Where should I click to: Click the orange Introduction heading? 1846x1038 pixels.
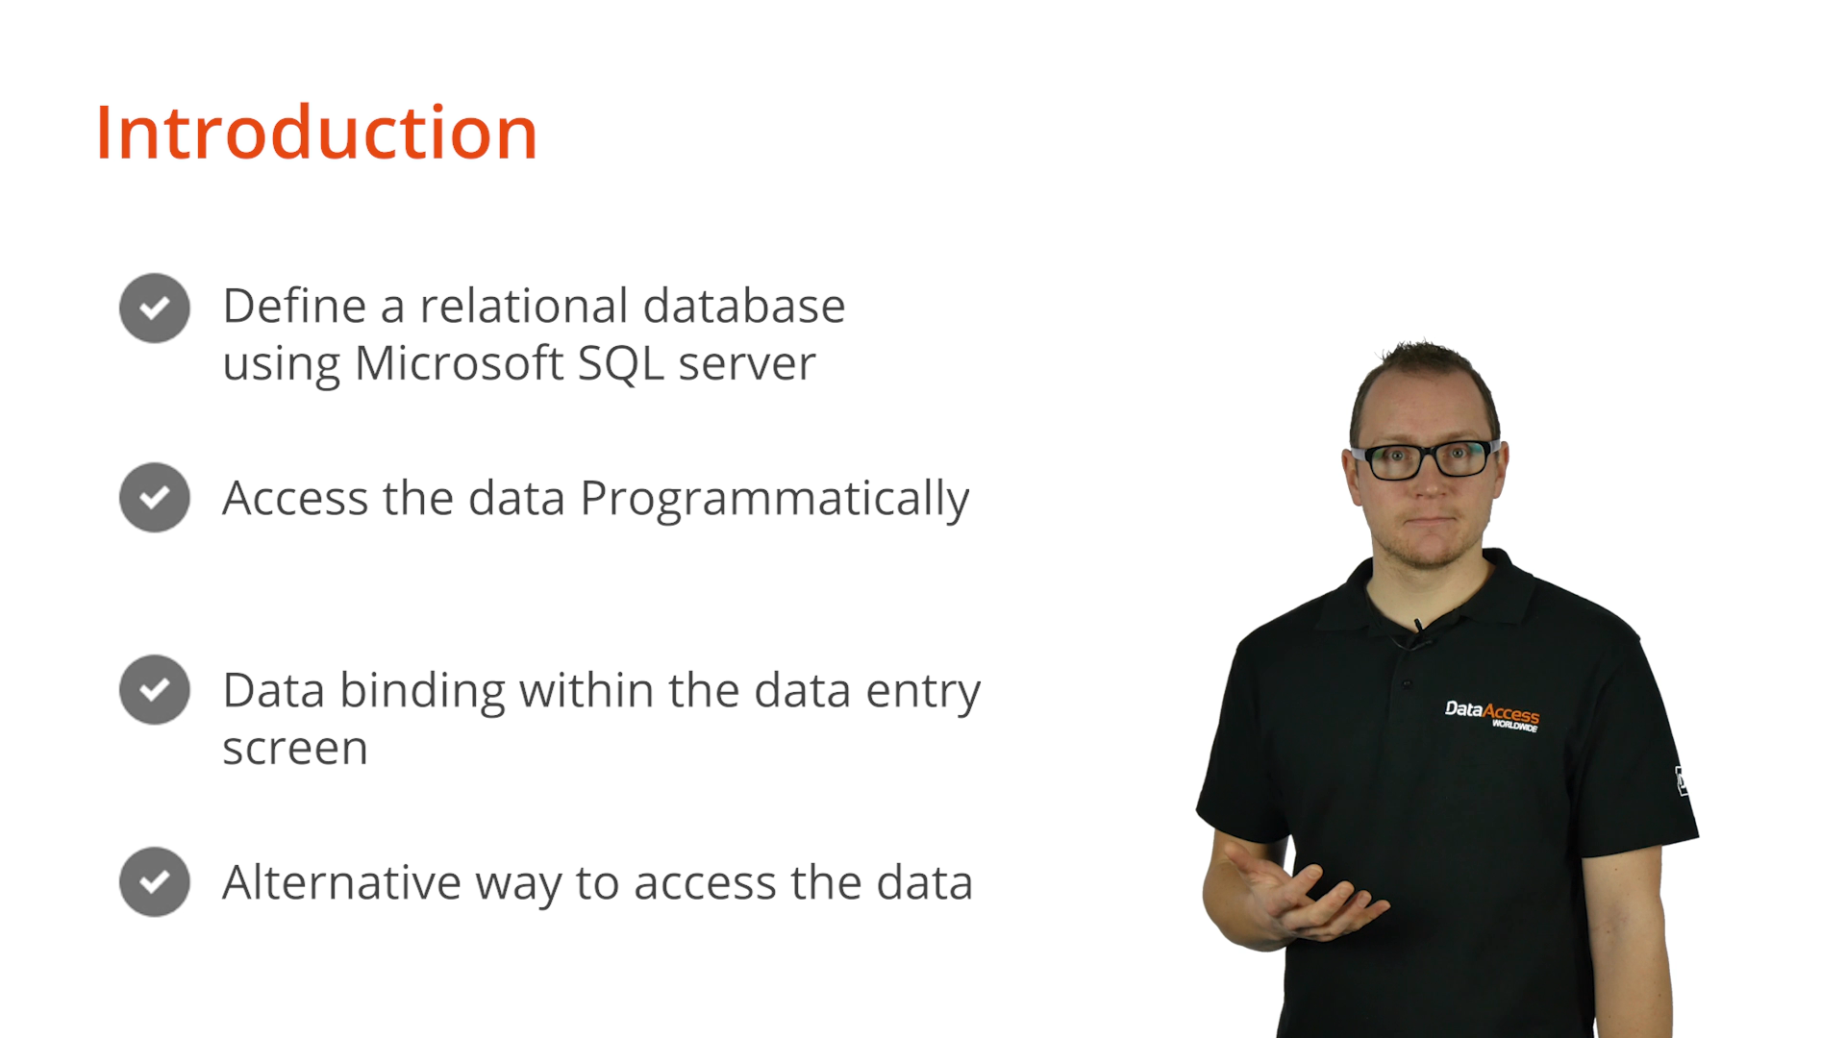pos(316,133)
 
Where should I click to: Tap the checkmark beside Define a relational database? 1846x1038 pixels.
pos(155,308)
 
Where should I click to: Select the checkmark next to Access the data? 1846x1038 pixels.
pos(155,497)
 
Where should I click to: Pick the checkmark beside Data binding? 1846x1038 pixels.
pos(155,689)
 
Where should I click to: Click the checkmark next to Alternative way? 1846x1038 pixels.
pos(155,881)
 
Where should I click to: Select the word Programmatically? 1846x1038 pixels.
pos(775,500)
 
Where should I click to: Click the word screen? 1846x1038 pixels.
pos(295,750)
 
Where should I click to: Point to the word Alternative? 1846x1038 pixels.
pos(342,882)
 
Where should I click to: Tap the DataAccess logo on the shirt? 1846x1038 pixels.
pos(1492,715)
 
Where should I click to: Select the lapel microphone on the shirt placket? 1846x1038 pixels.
pos(1419,629)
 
